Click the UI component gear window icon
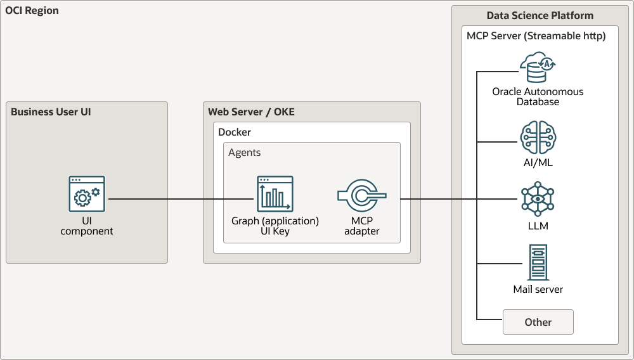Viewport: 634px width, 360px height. tap(87, 194)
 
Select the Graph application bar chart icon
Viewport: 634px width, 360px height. tap(275, 194)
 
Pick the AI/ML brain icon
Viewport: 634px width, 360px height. tap(538, 138)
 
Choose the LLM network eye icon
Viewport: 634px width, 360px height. tap(538, 198)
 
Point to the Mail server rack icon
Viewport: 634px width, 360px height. tap(538, 262)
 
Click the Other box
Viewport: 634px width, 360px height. tap(538, 322)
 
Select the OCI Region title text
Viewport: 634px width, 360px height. tap(32, 11)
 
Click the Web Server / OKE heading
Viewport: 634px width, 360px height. tap(251, 112)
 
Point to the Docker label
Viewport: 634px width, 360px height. tap(235, 132)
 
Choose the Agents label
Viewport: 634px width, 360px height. tap(244, 153)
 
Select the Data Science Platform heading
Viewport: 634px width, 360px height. tap(540, 15)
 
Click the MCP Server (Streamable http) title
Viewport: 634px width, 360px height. tap(536, 36)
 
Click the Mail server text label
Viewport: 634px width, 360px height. tap(538, 290)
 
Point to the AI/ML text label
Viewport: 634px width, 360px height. tap(538, 163)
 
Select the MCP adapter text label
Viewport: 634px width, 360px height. tap(361, 226)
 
